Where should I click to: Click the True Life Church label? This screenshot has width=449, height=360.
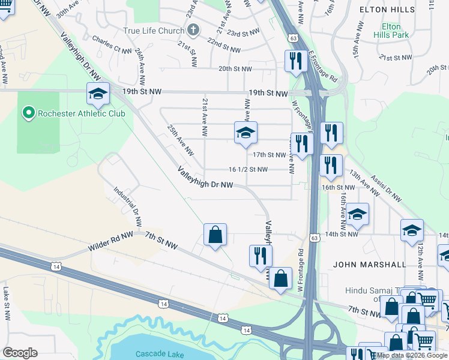click(153, 30)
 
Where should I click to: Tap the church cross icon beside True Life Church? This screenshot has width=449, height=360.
click(193, 29)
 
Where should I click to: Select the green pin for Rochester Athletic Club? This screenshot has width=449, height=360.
click(28, 112)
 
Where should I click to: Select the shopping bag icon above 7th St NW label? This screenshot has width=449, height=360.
click(215, 234)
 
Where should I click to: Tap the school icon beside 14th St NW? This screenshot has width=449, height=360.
click(357, 214)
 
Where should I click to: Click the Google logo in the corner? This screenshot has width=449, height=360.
click(20, 353)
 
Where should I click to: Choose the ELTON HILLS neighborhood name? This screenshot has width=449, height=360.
click(387, 10)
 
